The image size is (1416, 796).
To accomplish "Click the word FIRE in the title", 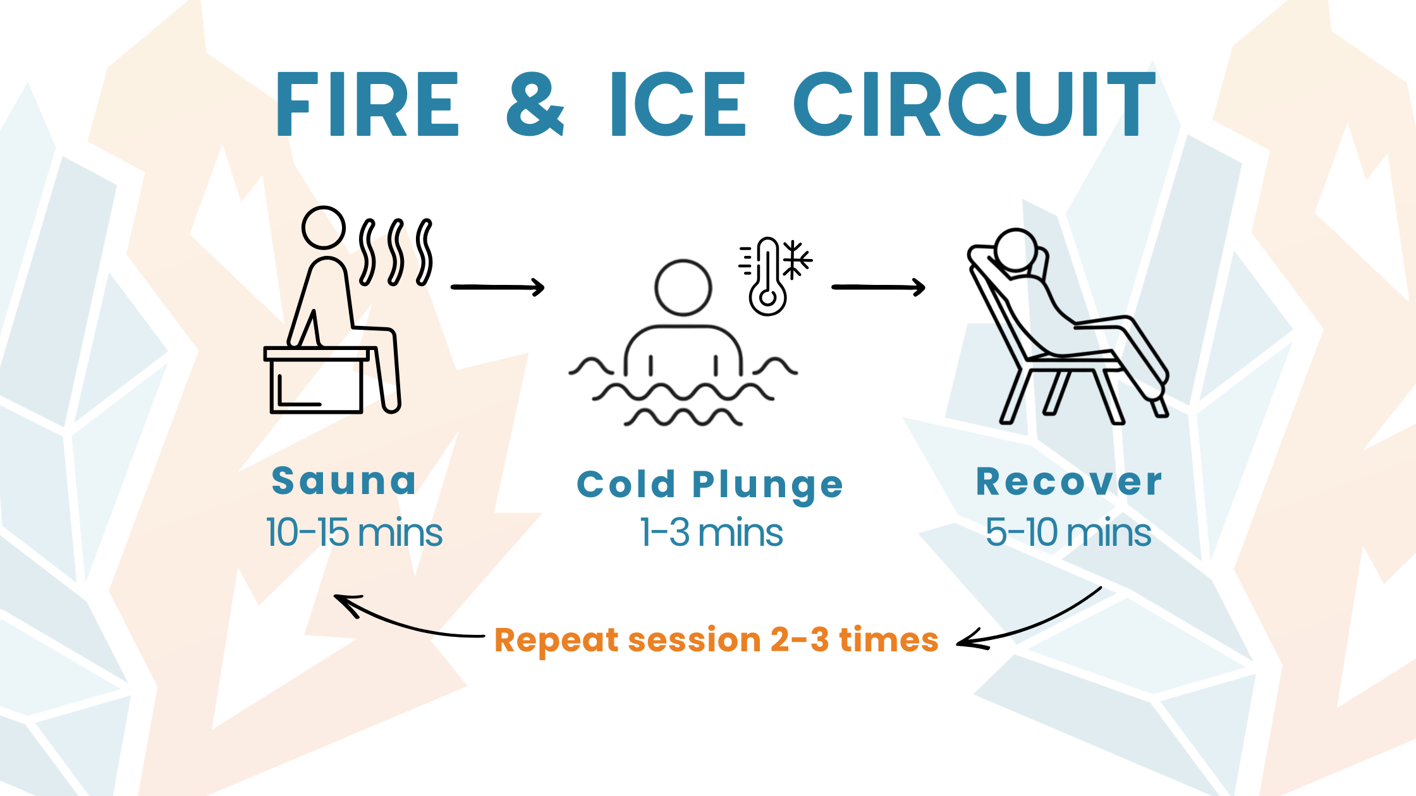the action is [x=367, y=104].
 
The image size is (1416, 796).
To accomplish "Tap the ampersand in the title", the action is [x=535, y=104].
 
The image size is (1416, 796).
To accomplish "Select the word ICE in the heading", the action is [x=678, y=104].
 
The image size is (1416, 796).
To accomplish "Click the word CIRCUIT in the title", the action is [x=974, y=104].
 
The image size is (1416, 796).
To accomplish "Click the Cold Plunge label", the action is [x=710, y=485].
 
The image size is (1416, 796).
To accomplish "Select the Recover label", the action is [x=1069, y=481].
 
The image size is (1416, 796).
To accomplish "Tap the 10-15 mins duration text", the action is [x=354, y=532].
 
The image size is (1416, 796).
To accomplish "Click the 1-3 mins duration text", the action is [x=711, y=532].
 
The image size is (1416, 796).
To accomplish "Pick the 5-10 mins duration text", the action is [x=1068, y=532].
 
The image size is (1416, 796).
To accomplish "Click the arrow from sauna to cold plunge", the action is [x=497, y=287].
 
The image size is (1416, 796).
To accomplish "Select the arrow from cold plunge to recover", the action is [x=879, y=287].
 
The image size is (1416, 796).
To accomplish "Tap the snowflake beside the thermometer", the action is [x=796, y=260].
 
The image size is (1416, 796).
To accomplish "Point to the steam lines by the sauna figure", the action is [x=396, y=252].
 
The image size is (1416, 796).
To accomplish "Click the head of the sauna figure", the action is [x=323, y=227].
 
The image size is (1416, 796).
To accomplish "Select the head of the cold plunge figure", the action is [x=683, y=287].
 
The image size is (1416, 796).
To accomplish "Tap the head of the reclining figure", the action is [x=1015, y=250].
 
